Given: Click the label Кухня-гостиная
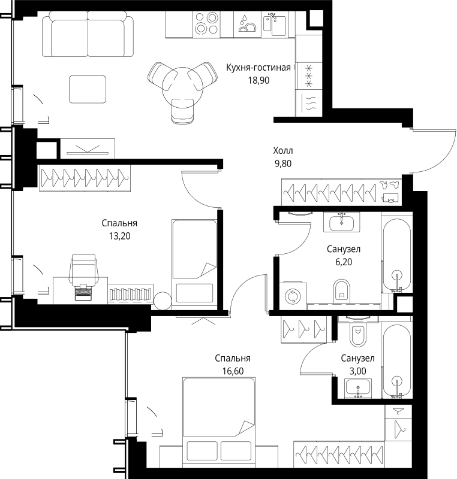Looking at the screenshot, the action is pos(258,68).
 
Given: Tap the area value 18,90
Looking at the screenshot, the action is pos(258,80).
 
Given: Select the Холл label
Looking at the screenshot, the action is pos(283,151).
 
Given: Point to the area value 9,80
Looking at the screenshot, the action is pos(283,163).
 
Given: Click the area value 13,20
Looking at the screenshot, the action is pos(119,236).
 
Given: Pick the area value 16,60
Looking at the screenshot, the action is pos(233,371).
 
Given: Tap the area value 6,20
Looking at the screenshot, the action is pos(344,262).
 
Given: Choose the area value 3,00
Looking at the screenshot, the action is pos(358,371).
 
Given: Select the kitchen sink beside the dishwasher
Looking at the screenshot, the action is pos(275,24).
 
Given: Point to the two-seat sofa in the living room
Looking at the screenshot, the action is pos(88,34).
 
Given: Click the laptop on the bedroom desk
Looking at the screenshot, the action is pos(83,292).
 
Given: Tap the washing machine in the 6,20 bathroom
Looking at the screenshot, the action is pos(293,296).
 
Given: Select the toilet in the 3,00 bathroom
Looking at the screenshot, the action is pos(358,334).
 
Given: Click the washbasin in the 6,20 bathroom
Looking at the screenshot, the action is pos(342,222).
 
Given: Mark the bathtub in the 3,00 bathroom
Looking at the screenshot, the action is pos(397,361).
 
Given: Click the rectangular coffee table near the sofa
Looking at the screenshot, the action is pos(88,89).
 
